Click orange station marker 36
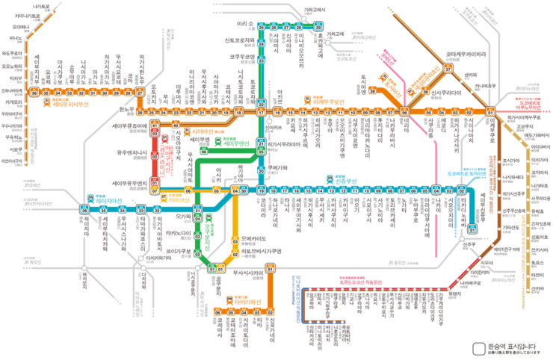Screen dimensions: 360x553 pos(34,92)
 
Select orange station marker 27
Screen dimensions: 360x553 pos(140,92)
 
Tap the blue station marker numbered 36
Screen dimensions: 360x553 pos(85,210)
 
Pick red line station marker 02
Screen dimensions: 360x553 pos(155,157)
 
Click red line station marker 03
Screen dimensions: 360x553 pos(155,135)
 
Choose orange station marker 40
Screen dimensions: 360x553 pos(176,125)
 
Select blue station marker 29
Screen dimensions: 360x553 pos(318,26)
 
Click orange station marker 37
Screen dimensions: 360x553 pos(448,68)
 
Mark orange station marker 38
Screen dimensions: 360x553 pos(425,91)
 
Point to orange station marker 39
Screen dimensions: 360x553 pos(372,90)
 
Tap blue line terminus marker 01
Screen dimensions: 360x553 pos(472,229)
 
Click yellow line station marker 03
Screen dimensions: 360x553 pos(235,240)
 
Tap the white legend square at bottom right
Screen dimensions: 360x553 pos(479,349)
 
